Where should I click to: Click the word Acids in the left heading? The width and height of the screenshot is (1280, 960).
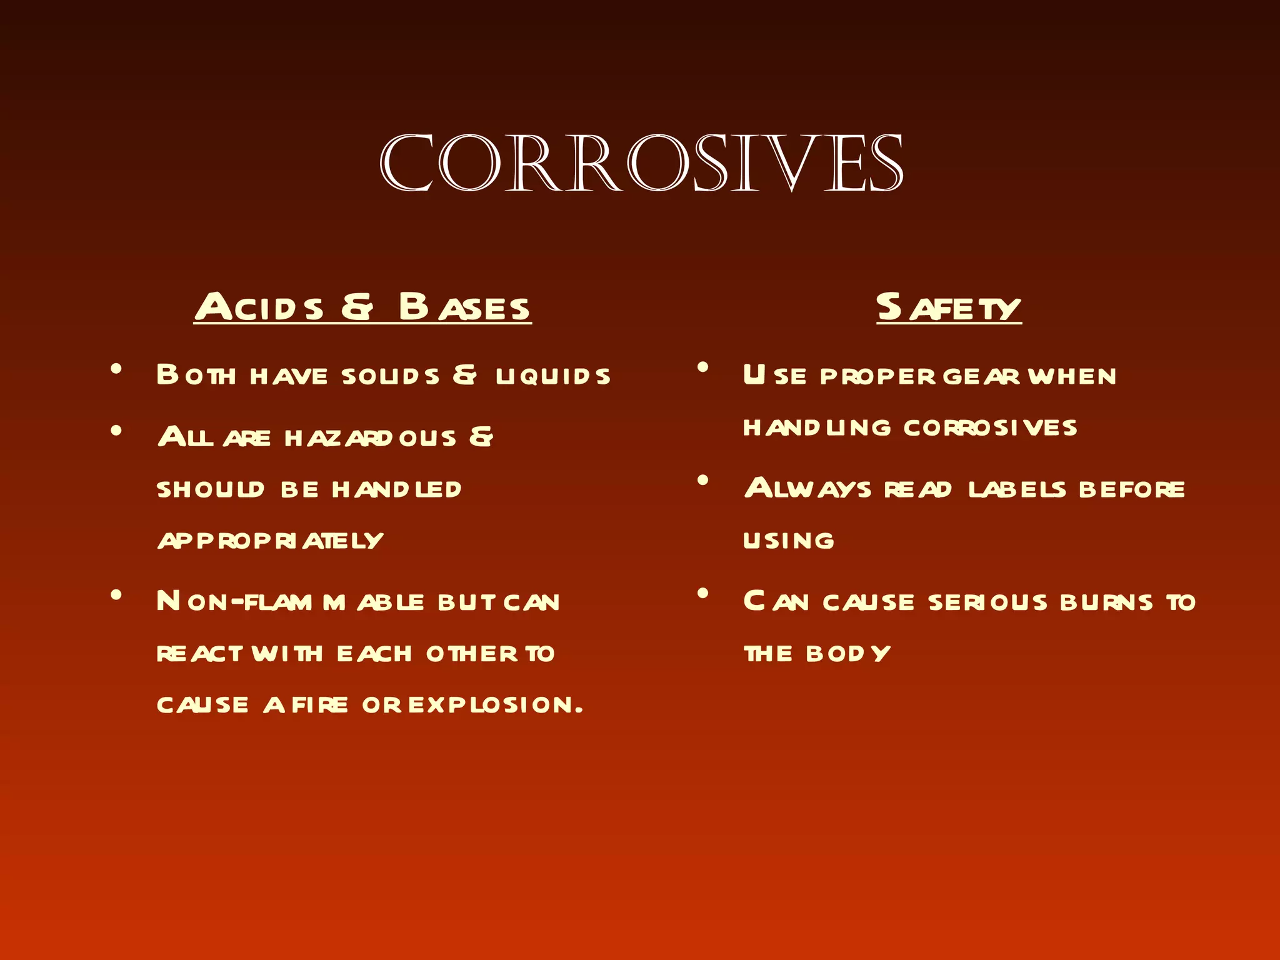tap(259, 307)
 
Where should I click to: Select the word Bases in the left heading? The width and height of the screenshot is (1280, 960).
tap(464, 307)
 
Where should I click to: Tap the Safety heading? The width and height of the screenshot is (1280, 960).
tap(948, 307)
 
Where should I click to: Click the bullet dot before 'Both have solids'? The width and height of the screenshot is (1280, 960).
tap(116, 369)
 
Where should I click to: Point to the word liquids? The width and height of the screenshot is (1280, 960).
tap(553, 376)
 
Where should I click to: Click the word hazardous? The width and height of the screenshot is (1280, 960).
tap(371, 437)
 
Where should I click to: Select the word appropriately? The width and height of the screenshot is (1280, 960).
tap(270, 540)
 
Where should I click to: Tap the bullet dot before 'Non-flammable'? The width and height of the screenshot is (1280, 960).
tap(116, 595)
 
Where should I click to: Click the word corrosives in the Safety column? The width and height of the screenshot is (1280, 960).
tap(990, 427)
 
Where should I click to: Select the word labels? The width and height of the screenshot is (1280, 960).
tap(1017, 489)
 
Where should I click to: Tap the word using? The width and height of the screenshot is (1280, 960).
tap(789, 541)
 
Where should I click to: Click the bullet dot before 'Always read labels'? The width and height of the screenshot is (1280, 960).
tap(703, 481)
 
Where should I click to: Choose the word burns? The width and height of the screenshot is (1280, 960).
tap(1106, 602)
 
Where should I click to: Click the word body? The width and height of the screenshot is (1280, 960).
tap(847, 654)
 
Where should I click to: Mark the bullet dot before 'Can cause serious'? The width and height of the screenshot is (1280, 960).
tap(703, 594)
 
